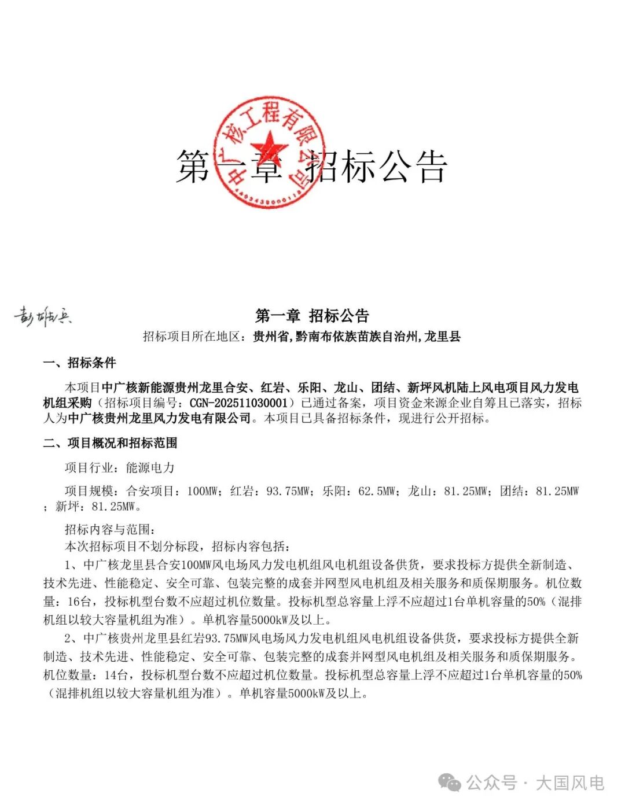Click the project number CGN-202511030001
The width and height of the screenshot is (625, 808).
point(238,403)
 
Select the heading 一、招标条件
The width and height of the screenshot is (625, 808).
point(79,363)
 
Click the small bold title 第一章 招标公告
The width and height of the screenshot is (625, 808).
point(312,315)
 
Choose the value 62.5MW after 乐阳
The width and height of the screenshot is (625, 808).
point(377,491)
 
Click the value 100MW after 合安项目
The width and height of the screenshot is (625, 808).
point(202,491)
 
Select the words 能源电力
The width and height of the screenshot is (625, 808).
point(150,467)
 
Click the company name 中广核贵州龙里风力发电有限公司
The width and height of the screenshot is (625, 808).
point(160,418)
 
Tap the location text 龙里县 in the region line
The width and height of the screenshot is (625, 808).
point(443,337)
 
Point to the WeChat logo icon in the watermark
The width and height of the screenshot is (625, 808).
point(450,783)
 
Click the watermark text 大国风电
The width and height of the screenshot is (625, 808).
point(570,783)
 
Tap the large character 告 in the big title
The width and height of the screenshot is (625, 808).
point(432,167)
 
